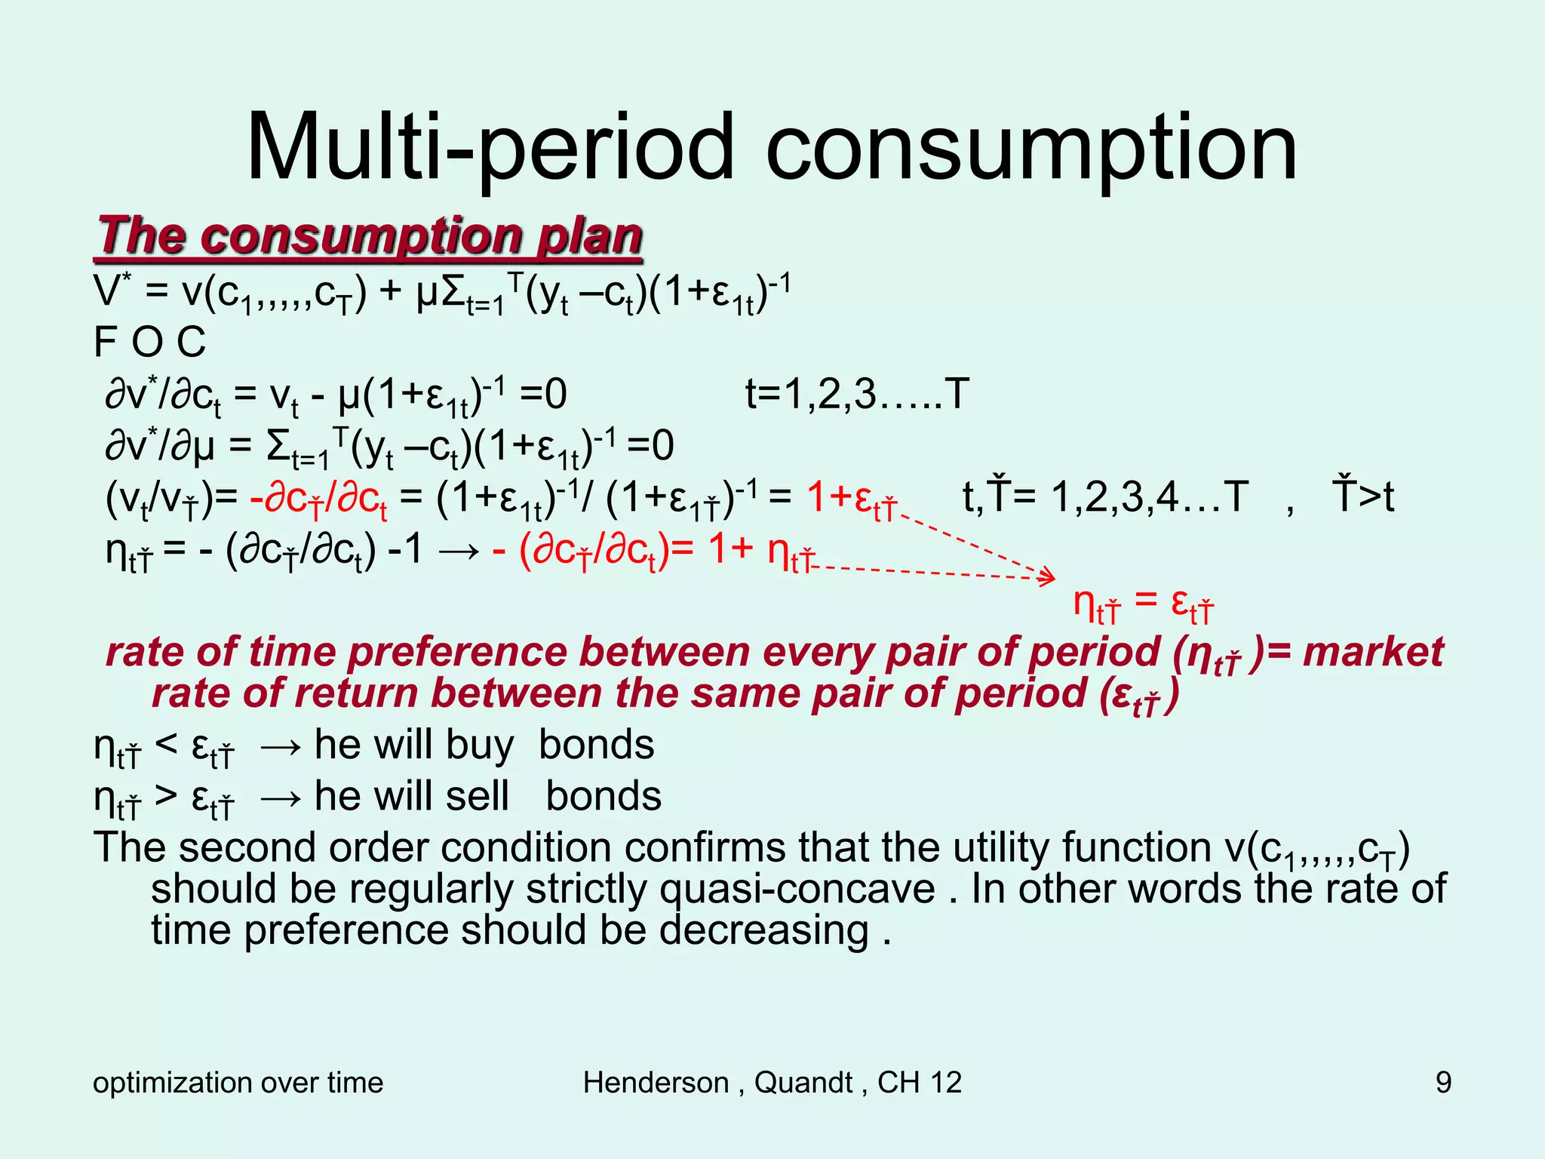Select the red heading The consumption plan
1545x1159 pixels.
(370, 236)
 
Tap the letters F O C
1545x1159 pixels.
(149, 342)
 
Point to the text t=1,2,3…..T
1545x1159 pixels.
(856, 394)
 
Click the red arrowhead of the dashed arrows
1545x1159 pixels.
(1049, 577)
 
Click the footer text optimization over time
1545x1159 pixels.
(238, 1083)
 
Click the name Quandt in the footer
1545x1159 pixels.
(803, 1083)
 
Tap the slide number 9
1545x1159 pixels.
(1443, 1083)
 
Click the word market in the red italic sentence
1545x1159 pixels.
(1372, 652)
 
